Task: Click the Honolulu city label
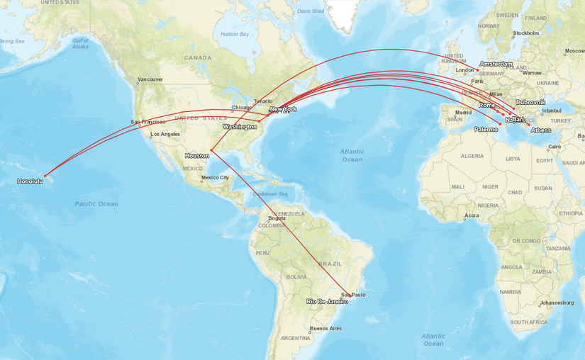click(30, 181)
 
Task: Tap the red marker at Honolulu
click(45, 175)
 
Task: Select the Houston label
click(196, 155)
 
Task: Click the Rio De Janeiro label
click(327, 301)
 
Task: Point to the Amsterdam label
click(496, 64)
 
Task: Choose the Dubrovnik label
click(530, 102)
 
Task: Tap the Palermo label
click(486, 129)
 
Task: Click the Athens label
click(540, 130)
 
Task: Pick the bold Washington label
click(240, 126)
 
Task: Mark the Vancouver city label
click(150, 79)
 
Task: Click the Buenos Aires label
click(325, 328)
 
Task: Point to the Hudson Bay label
click(235, 34)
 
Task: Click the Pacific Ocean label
click(96, 204)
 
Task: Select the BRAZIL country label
click(330, 263)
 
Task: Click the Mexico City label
click(215, 177)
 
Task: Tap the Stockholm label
click(526, 33)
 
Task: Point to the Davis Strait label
click(311, 11)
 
